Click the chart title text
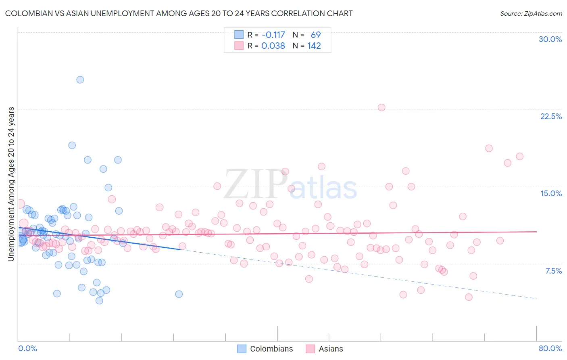click(179, 14)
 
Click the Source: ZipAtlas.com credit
click(531, 14)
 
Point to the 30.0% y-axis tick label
click(550, 39)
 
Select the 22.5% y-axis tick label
click(551, 116)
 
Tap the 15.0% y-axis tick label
click(551, 193)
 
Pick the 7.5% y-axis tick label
click(553, 271)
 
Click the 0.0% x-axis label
click(27, 348)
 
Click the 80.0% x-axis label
click(550, 348)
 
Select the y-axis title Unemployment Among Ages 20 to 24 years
click(11, 184)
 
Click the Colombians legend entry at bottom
click(271, 349)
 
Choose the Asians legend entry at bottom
click(331, 349)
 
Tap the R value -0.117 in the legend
click(273, 35)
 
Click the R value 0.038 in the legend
click(273, 46)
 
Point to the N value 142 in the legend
click(314, 46)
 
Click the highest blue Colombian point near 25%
click(80, 80)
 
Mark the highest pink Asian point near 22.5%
click(381, 107)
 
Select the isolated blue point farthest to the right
click(179, 294)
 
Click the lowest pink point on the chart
click(469, 297)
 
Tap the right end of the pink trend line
click(536, 232)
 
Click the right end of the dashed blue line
click(536, 298)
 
